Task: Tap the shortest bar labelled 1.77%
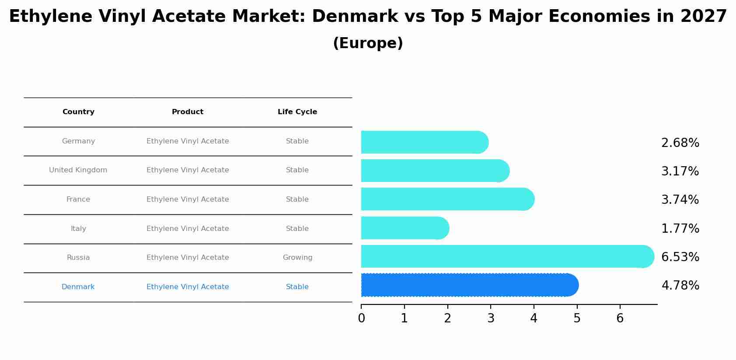tap(405, 228)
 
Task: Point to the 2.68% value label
tap(680, 143)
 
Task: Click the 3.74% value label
tap(680, 200)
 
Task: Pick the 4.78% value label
tap(680, 286)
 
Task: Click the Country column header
tap(78, 112)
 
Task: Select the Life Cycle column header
tap(297, 112)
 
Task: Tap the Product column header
tap(188, 112)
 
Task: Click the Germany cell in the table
tap(78, 141)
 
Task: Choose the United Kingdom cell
tap(78, 170)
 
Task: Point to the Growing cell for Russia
tap(297, 258)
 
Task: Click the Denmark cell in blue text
tap(78, 287)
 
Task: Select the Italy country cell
tap(78, 229)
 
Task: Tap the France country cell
tap(78, 199)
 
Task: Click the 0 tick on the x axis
tap(361, 318)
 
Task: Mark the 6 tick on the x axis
tap(620, 318)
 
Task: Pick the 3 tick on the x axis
tap(491, 318)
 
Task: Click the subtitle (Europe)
tap(368, 43)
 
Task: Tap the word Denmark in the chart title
tap(355, 17)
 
